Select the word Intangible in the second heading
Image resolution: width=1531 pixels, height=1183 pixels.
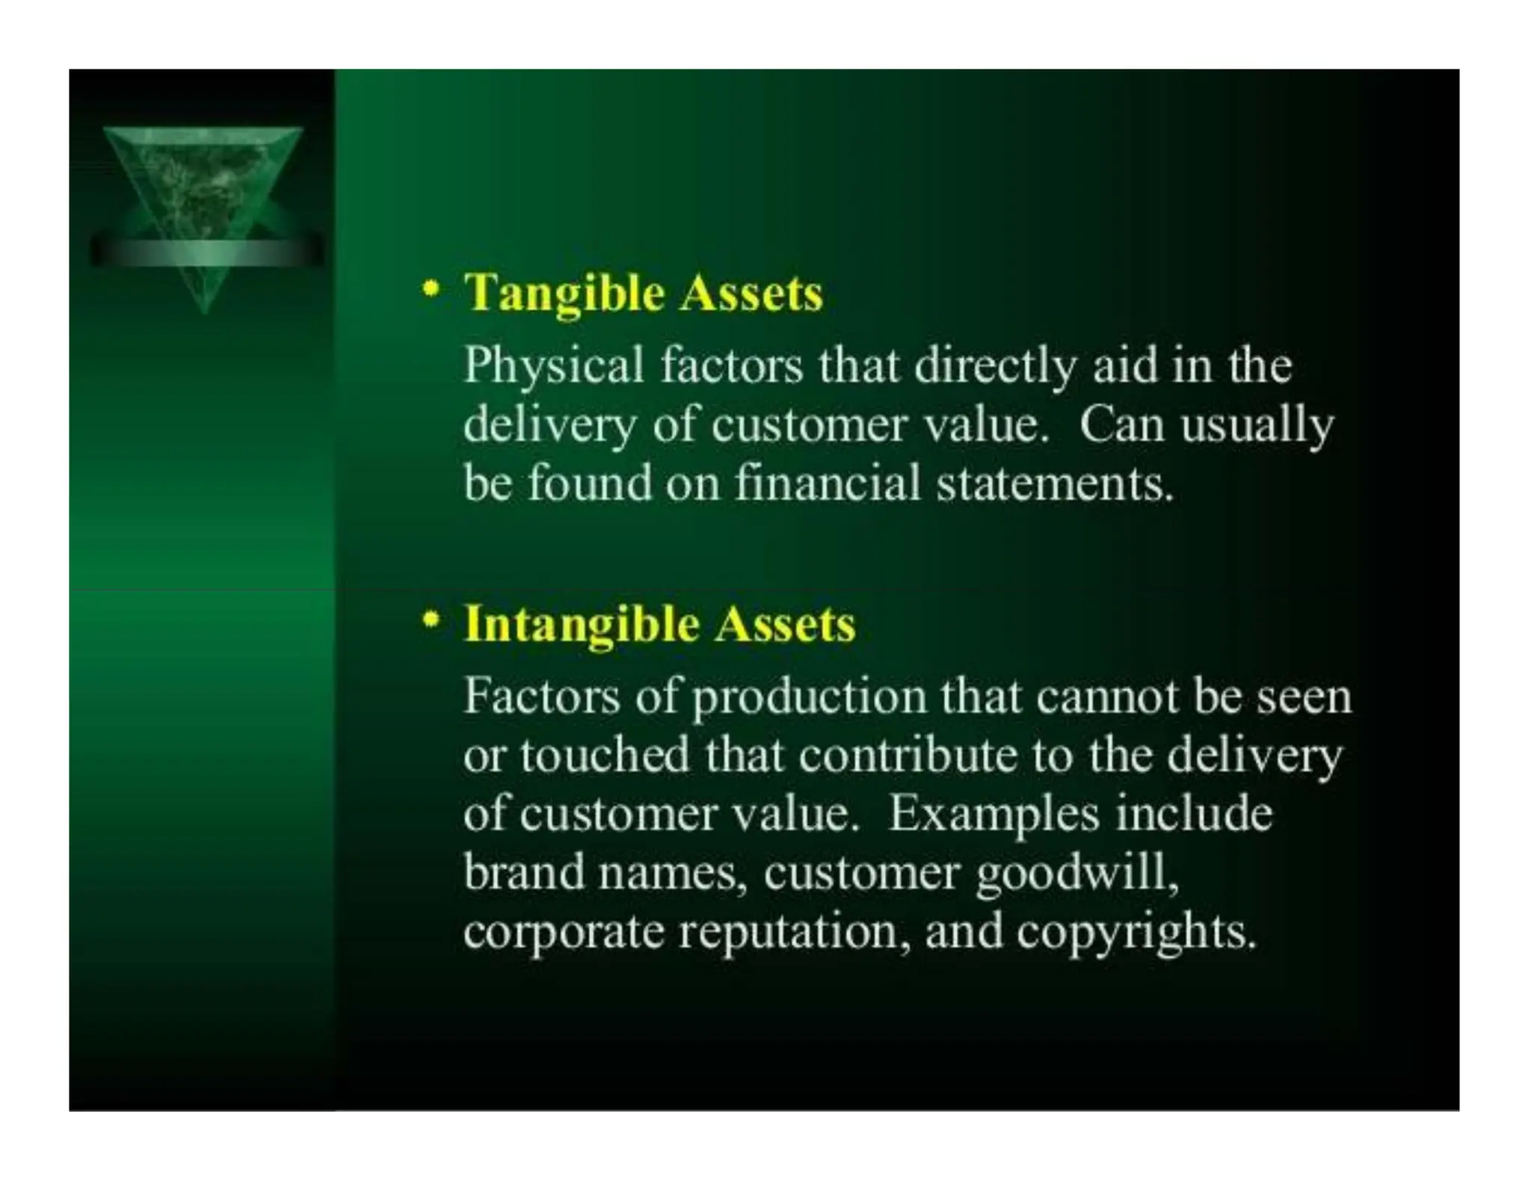click(582, 625)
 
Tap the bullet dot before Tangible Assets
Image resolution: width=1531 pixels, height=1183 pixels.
click(430, 290)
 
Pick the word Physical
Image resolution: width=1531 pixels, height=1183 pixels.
click(553, 367)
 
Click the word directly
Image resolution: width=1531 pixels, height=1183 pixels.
click(995, 367)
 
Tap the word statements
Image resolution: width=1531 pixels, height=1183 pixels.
click(1054, 484)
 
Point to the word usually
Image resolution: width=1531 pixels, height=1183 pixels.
click(1257, 425)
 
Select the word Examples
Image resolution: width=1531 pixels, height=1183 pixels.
click(994, 815)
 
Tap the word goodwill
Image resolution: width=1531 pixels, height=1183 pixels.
click(1076, 874)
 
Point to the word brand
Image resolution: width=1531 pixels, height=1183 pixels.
click(523, 872)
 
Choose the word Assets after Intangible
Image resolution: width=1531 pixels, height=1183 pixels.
click(784, 625)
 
